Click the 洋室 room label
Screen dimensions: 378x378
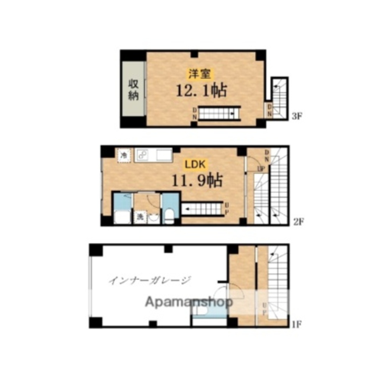click(200, 74)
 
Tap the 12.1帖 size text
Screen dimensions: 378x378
click(201, 90)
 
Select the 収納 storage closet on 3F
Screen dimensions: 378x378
click(133, 89)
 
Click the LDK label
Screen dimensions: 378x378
click(195, 164)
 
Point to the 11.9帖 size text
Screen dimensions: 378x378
click(197, 180)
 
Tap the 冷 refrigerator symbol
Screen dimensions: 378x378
click(124, 155)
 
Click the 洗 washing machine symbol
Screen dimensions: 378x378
click(140, 217)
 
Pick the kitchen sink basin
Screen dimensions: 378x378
click(164, 155)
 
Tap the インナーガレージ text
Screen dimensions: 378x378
click(150, 280)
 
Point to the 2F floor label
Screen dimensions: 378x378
click(299, 222)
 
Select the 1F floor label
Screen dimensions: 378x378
click(296, 324)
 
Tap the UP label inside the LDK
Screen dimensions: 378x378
click(226, 208)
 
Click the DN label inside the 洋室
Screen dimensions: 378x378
click(195, 114)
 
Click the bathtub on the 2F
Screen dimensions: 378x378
click(122, 217)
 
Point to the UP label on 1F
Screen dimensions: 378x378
click(265, 309)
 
